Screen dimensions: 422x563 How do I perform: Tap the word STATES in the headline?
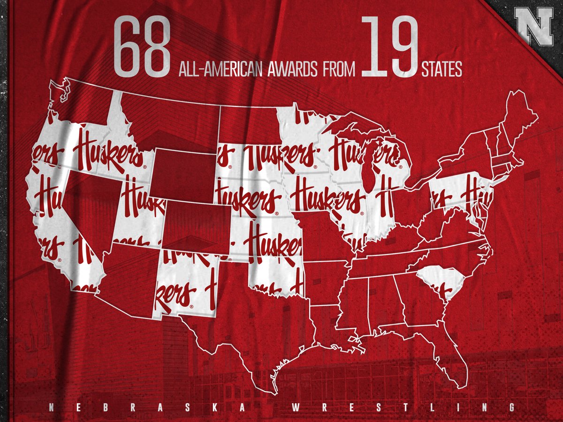coord(441,70)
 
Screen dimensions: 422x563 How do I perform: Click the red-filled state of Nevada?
coord(87,206)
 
